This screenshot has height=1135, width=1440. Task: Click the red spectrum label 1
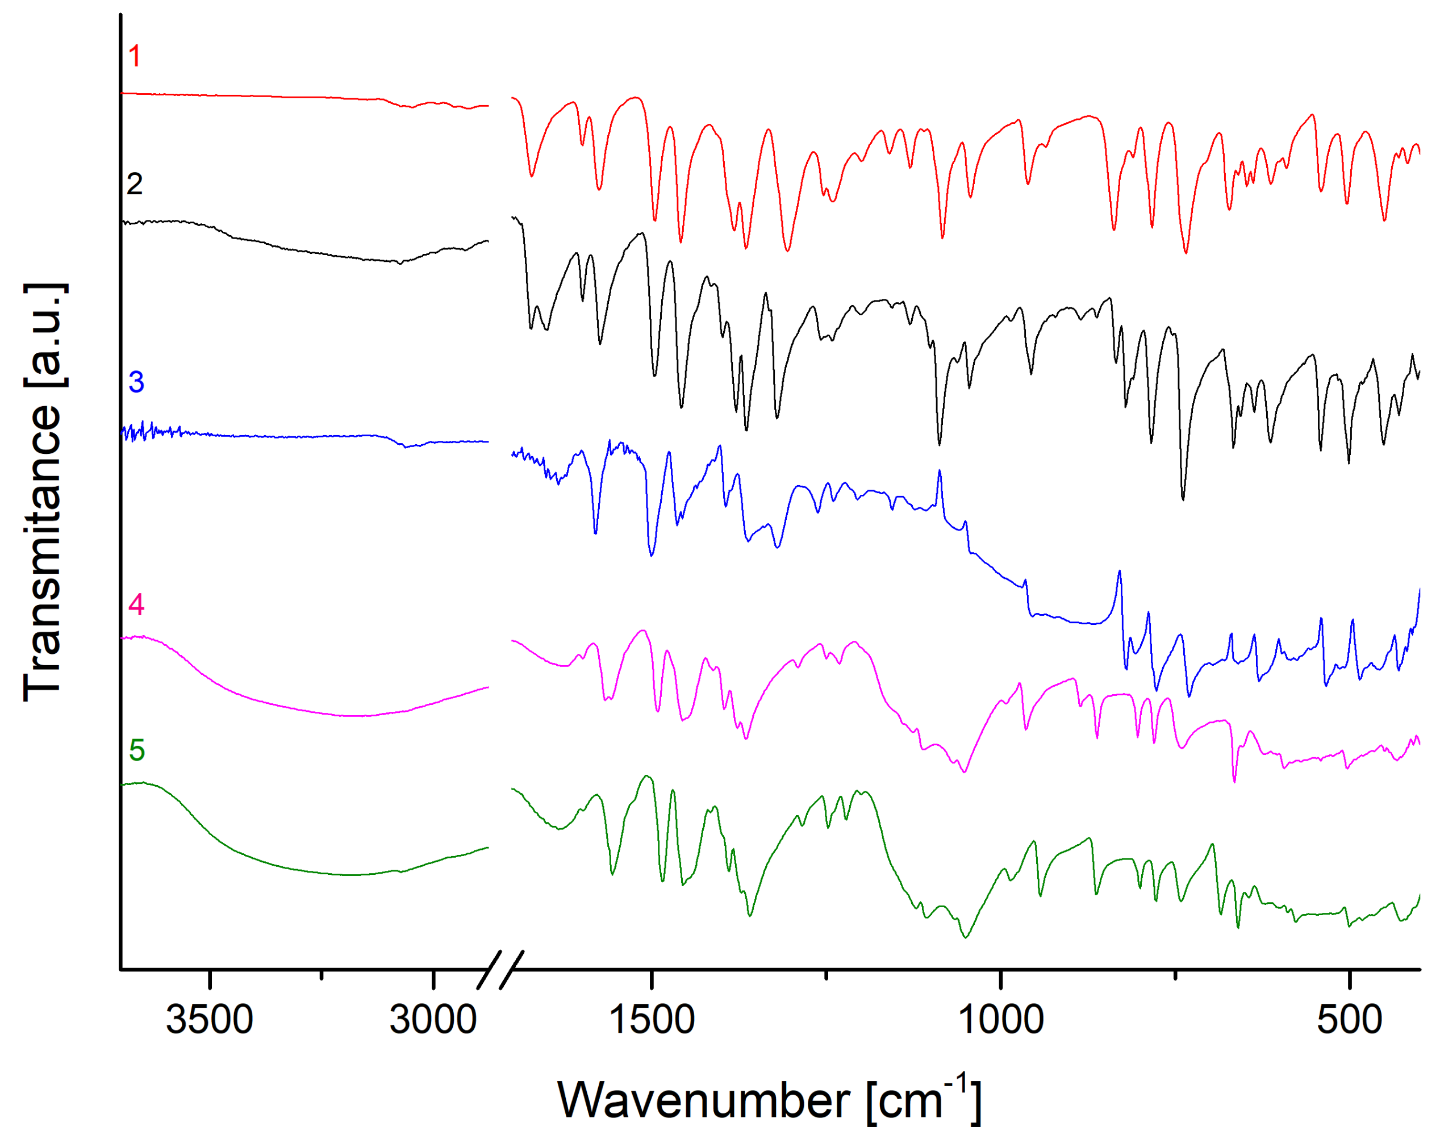coord(135,56)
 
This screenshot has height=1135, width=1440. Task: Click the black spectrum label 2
coord(135,184)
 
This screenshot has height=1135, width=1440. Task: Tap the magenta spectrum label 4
coord(136,606)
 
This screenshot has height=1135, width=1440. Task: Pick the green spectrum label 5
coord(137,750)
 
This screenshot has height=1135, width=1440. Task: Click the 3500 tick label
coord(209,1020)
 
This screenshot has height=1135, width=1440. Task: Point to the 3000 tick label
coord(433,1020)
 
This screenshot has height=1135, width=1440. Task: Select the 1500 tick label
coord(652,1020)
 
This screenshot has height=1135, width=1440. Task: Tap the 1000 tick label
coord(1001,1020)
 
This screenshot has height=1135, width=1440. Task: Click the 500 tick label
coord(1350,1020)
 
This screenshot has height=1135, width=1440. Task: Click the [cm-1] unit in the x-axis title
coord(924,1100)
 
